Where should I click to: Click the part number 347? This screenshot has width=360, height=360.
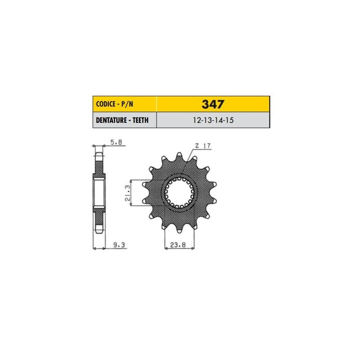212,104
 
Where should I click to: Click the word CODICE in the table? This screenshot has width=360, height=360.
106,104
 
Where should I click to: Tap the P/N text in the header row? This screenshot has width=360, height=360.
127,104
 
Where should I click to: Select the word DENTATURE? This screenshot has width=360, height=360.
111,120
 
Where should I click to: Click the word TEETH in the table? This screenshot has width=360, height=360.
140,120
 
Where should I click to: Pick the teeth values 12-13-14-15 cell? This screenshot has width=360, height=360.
213,120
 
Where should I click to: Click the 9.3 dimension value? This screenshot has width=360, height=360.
119,245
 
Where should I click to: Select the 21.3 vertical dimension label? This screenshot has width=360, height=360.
127,193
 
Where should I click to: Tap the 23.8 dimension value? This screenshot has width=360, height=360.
178,245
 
